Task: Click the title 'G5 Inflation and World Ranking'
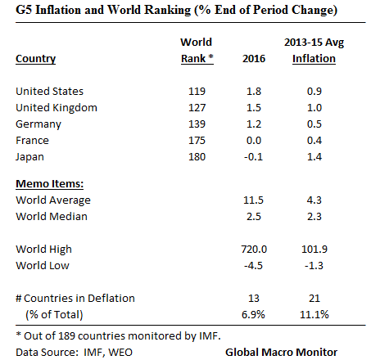(x=106, y=12)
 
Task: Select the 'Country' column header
(x=35, y=58)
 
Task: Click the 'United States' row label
(x=49, y=91)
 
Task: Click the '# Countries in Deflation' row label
(x=75, y=297)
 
